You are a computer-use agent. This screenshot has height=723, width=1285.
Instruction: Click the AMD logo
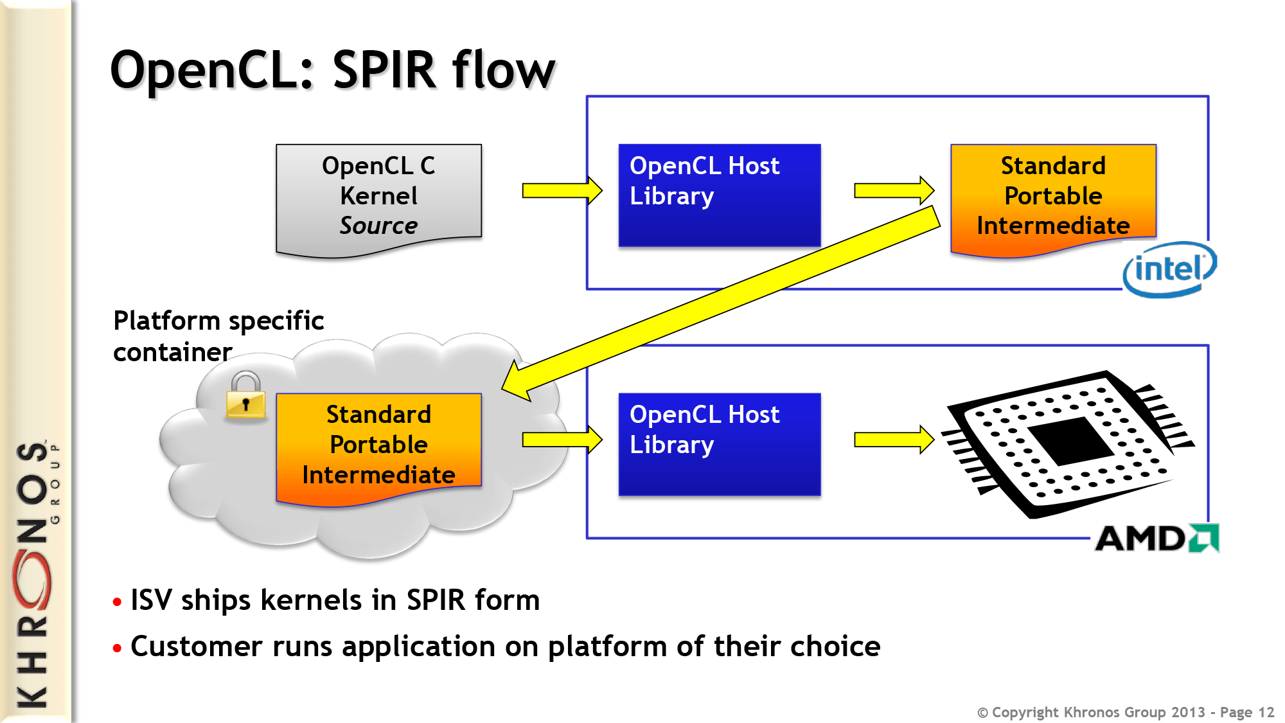point(1156,539)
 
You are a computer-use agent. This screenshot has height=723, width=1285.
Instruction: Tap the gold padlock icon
point(245,397)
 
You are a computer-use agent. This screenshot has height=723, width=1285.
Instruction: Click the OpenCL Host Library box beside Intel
point(719,195)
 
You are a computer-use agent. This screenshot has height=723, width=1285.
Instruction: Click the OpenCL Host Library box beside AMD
point(719,444)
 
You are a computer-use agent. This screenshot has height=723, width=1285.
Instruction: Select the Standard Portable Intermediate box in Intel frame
point(1053,197)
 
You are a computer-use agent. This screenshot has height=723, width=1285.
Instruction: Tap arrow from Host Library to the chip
point(893,440)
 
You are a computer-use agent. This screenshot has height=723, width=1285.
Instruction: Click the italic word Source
point(378,226)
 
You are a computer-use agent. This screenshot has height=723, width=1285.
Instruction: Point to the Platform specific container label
point(218,335)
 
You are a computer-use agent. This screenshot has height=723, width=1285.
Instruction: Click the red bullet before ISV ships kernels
point(117,602)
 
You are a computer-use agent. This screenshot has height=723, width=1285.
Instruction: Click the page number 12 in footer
point(1266,712)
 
